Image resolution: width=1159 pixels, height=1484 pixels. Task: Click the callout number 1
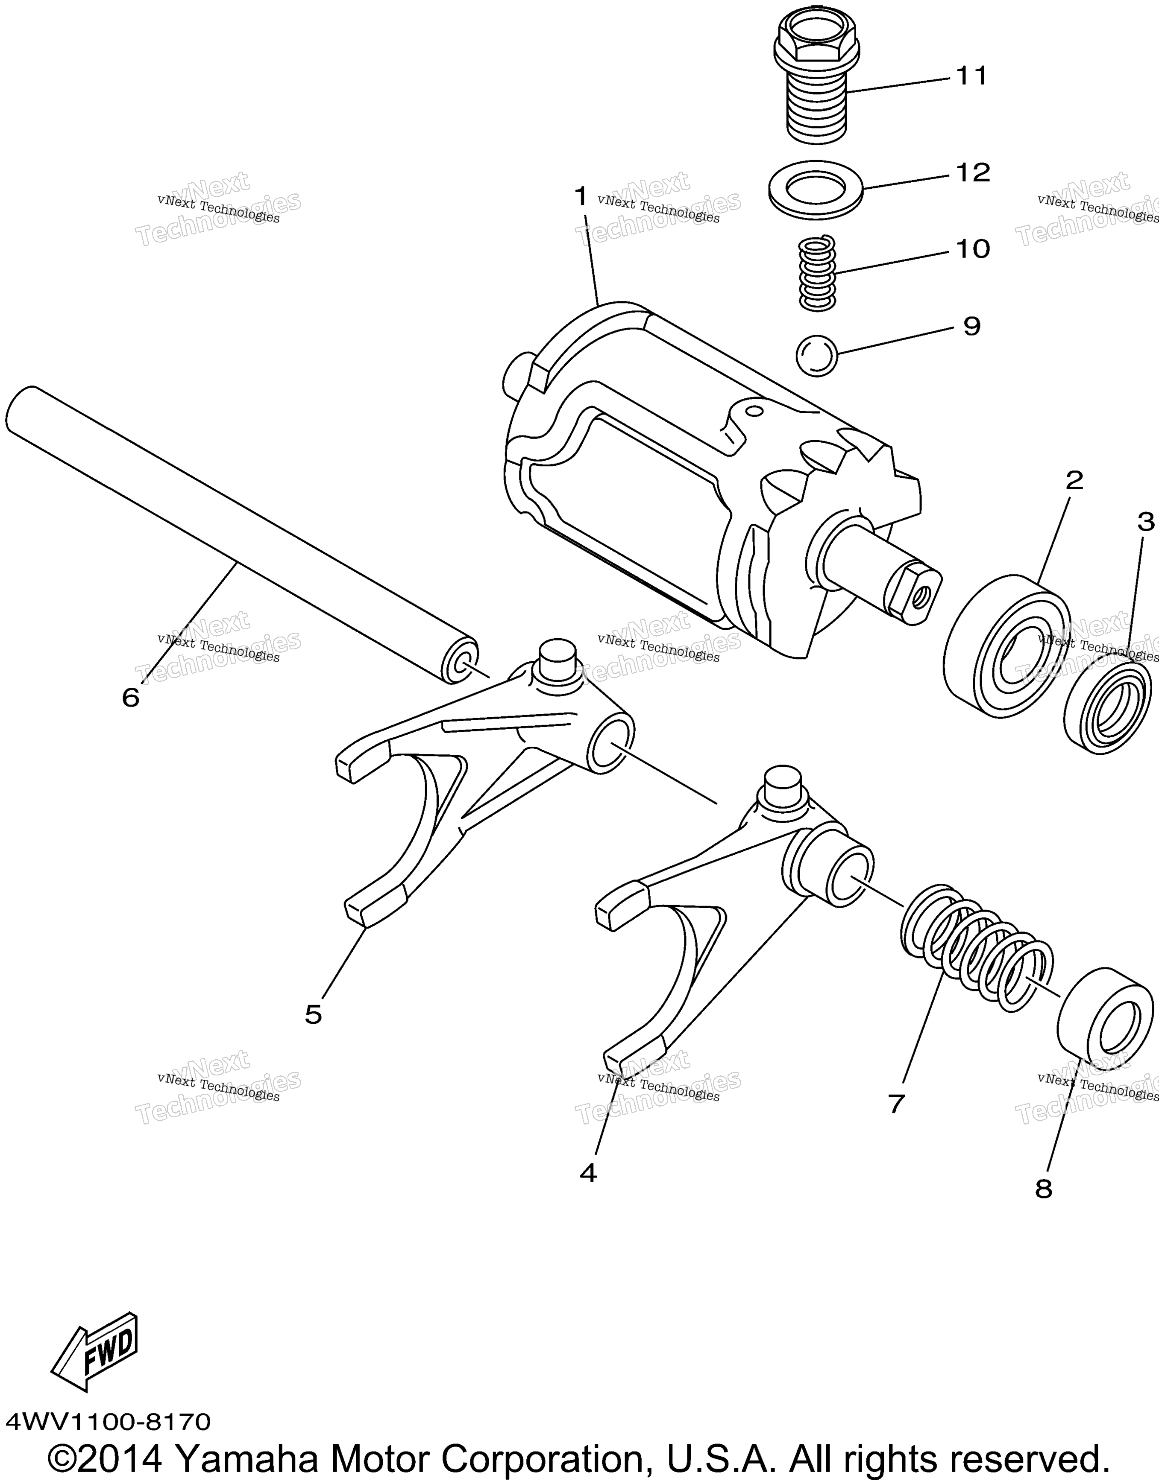(x=581, y=198)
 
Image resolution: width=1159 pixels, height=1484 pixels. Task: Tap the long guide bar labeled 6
(x=241, y=535)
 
